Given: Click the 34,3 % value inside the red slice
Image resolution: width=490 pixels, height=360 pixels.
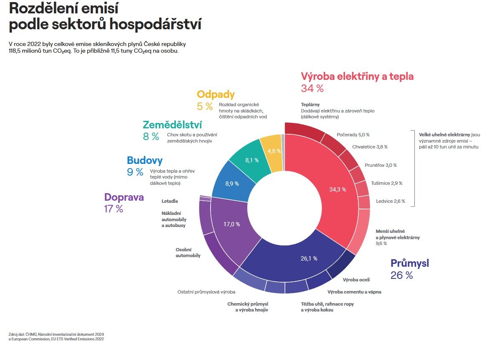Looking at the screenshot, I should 338,189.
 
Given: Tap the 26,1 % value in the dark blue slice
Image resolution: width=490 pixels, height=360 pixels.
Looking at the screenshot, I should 309,258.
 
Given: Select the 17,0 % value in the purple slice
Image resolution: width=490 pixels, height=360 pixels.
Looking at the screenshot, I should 231,224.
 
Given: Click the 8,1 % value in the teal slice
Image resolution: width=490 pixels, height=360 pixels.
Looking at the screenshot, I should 251,160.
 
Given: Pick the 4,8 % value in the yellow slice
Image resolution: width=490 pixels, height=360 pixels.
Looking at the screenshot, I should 274,151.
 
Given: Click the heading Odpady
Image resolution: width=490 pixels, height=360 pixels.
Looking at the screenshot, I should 216,94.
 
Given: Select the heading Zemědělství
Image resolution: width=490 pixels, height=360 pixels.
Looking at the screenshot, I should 172,125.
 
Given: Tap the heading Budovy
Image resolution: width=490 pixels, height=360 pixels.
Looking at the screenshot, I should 145,160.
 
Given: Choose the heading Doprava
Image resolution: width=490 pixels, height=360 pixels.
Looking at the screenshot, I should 124,197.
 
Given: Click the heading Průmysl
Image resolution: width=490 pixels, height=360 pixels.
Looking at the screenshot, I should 409,263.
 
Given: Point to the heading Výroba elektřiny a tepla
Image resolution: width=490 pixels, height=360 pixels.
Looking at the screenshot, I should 357,77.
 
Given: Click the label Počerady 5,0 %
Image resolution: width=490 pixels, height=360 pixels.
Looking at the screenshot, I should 353,135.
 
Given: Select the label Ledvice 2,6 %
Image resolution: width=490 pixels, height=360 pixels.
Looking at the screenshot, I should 390,201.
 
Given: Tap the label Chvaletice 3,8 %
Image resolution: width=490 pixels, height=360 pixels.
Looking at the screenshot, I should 370,147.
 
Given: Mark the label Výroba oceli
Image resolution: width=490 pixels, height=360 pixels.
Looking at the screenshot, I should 356,279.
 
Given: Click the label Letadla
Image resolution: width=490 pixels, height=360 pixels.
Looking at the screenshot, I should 170,201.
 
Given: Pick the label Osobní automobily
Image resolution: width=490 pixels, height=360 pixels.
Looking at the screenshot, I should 188,253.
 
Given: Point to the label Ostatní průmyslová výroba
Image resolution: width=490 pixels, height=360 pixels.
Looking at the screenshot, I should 206,292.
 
